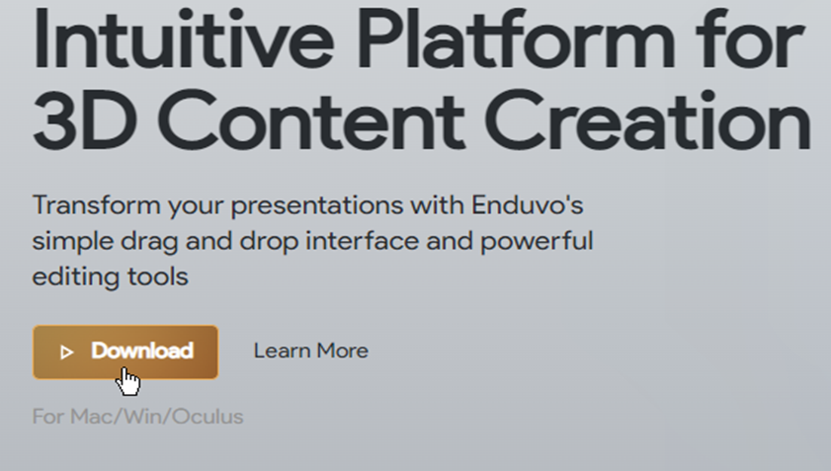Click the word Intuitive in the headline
[x=184, y=39]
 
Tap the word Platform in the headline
[x=516, y=39]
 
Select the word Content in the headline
[x=311, y=119]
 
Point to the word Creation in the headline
[x=647, y=119]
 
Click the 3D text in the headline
[x=85, y=119]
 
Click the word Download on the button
[x=142, y=351]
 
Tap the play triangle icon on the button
[x=66, y=353]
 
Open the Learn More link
[x=310, y=351]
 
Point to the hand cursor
[x=128, y=381]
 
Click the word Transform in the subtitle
[x=96, y=205]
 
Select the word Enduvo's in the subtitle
[x=528, y=205]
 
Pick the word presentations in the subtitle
[x=317, y=206]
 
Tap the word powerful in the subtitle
[x=537, y=242]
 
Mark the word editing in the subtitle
[x=75, y=277]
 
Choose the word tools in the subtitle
[x=158, y=277]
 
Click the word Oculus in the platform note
[x=208, y=417]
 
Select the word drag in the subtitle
[x=149, y=242]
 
